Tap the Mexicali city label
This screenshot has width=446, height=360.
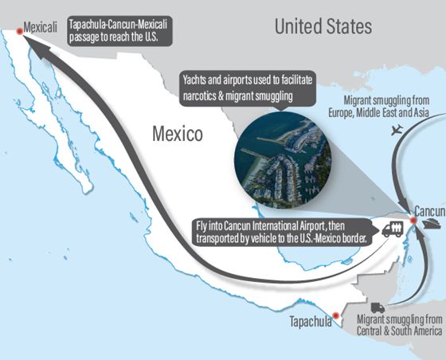(41, 26)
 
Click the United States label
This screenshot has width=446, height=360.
(323, 26)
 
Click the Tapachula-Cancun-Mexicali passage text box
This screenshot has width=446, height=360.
(123, 29)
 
